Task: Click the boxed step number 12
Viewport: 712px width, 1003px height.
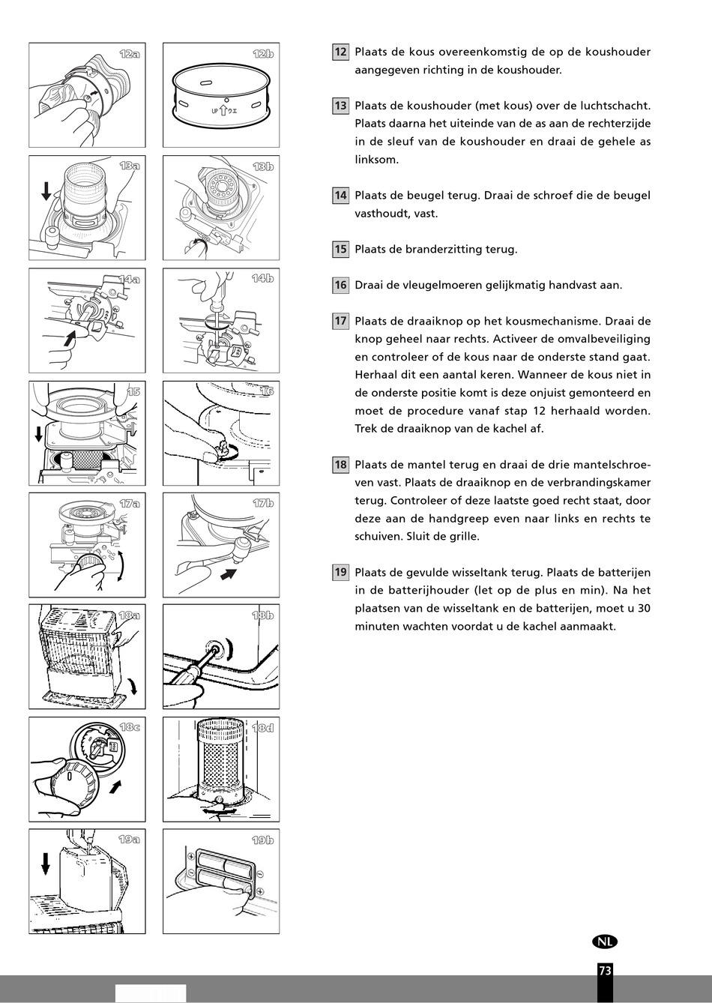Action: click(340, 52)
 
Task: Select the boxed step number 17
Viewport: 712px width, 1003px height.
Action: click(340, 321)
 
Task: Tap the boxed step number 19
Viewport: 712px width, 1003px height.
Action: click(340, 572)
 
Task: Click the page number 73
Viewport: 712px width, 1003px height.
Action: click(605, 971)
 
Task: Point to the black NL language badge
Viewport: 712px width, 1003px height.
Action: click(605, 942)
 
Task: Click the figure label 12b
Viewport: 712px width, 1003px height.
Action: click(263, 54)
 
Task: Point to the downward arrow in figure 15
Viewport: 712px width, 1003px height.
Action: click(38, 434)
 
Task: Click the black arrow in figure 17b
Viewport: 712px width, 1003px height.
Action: click(229, 574)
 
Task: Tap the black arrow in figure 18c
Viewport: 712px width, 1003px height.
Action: click(115, 786)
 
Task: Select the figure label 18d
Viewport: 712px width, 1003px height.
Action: click(263, 728)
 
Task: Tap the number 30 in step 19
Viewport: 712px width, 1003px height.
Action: click(644, 608)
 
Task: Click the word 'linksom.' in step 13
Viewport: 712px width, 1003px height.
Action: click(376, 160)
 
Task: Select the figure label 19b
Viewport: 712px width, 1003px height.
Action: click(263, 840)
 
